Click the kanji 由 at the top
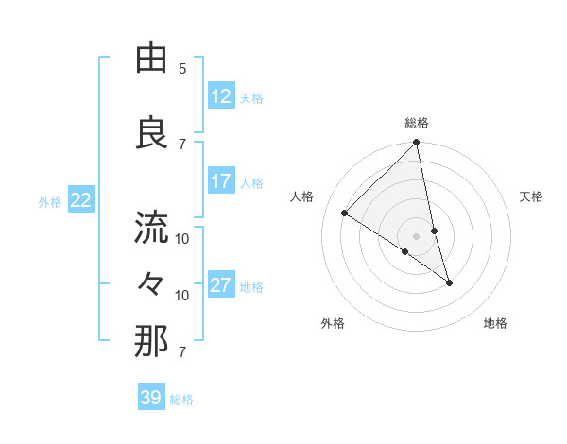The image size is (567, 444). [x=151, y=60]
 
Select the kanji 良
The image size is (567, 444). [x=151, y=133]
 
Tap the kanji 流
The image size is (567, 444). [x=151, y=227]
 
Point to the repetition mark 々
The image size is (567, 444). [x=151, y=282]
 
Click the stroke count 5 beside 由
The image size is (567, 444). [x=182, y=68]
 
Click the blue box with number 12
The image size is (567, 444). [x=221, y=96]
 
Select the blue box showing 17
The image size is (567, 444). [x=221, y=181]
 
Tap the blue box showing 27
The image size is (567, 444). [x=221, y=285]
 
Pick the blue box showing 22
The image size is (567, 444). [x=81, y=200]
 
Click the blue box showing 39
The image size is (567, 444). [x=151, y=398]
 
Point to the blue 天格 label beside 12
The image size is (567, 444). [x=251, y=97]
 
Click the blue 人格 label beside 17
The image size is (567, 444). [x=251, y=182]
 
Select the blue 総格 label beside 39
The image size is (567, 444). [x=181, y=400]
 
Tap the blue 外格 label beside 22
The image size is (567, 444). [x=50, y=201]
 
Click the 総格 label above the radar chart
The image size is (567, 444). [x=417, y=123]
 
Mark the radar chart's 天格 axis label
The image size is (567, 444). [x=531, y=196]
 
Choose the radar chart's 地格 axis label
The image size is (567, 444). [x=495, y=323]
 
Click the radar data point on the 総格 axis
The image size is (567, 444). [x=417, y=143]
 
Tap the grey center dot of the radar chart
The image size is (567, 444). [x=417, y=235]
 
